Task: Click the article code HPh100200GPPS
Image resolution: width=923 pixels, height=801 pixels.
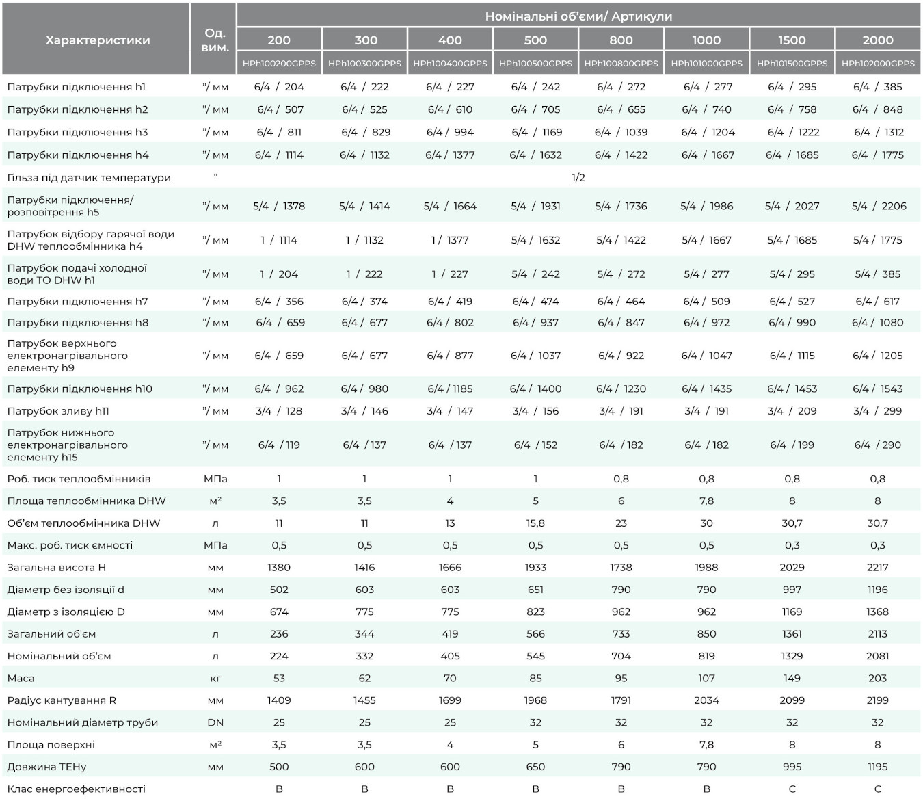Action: click(279, 64)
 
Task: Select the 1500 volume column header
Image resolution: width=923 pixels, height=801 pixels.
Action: click(792, 40)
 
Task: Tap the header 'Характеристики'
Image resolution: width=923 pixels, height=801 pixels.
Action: click(98, 40)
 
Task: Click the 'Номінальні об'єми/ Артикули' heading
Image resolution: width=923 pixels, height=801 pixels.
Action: click(578, 16)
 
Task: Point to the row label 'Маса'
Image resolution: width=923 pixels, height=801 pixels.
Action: click(21, 679)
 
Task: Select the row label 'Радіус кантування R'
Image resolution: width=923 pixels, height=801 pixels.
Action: click(62, 700)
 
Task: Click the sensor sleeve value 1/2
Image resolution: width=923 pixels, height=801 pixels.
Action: click(578, 178)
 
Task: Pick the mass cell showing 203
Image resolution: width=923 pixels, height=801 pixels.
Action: click(877, 679)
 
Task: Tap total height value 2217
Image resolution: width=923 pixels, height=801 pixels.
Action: click(877, 567)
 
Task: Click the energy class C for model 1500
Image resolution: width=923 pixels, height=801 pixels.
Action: click(792, 789)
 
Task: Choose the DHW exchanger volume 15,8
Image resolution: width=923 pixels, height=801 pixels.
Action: click(535, 523)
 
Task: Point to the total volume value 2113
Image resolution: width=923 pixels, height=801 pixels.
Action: click(877, 634)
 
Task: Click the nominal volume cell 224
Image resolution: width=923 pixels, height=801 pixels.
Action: click(279, 656)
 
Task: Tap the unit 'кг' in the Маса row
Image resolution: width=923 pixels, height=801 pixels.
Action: click(215, 679)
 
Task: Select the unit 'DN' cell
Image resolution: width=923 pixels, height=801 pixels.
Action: click(215, 722)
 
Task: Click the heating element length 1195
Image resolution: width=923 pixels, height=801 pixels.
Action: click(877, 767)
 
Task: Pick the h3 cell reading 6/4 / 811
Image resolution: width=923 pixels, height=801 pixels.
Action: click(279, 132)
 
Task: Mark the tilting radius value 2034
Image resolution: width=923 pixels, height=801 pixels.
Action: click(706, 700)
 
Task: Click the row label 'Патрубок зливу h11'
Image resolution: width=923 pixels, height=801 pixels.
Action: click(58, 411)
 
